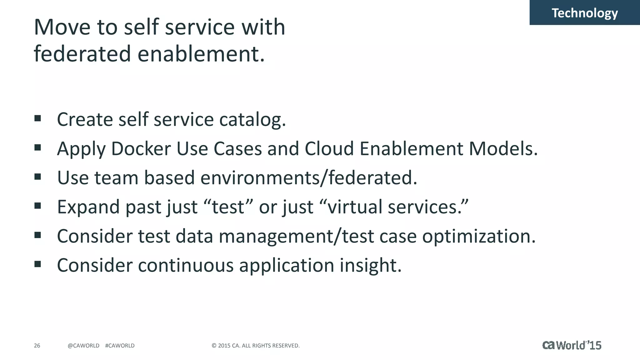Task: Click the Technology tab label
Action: click(584, 13)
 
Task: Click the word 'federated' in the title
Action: click(82, 54)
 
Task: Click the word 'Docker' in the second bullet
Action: click(141, 149)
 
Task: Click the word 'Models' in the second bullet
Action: click(502, 149)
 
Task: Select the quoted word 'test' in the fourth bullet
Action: click(228, 207)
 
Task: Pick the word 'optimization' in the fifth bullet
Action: click(478, 237)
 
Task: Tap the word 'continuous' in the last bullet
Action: click(186, 266)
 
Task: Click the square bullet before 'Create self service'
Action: click(38, 118)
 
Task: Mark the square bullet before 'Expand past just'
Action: click(38, 206)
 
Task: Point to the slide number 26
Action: click(37, 346)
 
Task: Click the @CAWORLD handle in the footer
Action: click(83, 346)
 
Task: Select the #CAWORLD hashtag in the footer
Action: click(120, 346)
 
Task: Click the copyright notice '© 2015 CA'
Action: click(256, 346)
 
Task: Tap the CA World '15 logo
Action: click(572, 345)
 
